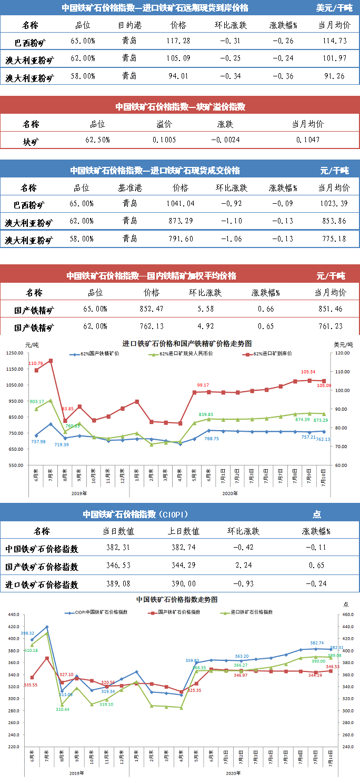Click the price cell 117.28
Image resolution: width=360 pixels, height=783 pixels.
click(x=178, y=41)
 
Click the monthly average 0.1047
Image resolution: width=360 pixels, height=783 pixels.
click(x=307, y=140)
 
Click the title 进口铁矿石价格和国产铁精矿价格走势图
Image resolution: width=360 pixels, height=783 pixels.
click(x=187, y=343)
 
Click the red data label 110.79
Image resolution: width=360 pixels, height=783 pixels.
click(x=36, y=363)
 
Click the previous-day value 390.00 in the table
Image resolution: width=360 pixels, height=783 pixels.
click(x=184, y=583)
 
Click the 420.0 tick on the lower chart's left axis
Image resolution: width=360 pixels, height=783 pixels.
click(x=13, y=627)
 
